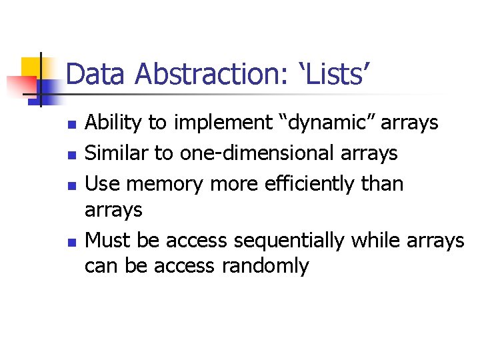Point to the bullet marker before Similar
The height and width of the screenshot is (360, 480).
coord(73,155)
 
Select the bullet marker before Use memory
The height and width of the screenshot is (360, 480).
coord(73,185)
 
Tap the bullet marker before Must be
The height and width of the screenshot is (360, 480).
coord(73,241)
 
